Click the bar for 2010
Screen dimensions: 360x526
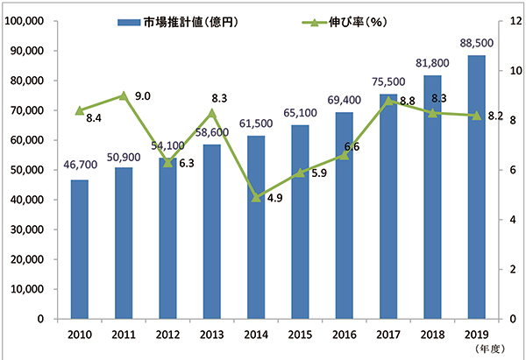[79, 250]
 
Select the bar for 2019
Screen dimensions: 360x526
[476, 187]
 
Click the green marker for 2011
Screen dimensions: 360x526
[124, 95]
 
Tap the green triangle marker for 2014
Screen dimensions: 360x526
[256, 197]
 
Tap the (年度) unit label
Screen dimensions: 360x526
[488, 350]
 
